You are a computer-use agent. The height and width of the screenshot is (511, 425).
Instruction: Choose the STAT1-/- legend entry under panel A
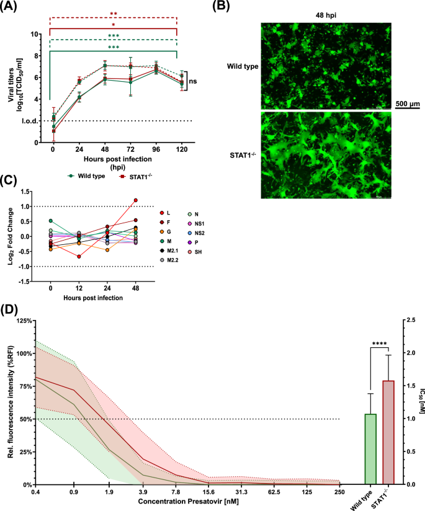(x=142, y=176)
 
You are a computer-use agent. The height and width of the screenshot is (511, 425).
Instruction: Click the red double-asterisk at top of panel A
(x=114, y=13)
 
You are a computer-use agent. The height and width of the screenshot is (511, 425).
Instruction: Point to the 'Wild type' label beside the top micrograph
(x=241, y=65)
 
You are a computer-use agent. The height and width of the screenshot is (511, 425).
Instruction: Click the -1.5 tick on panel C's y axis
(x=30, y=281)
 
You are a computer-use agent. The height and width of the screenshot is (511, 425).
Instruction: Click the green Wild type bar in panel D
(x=371, y=449)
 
